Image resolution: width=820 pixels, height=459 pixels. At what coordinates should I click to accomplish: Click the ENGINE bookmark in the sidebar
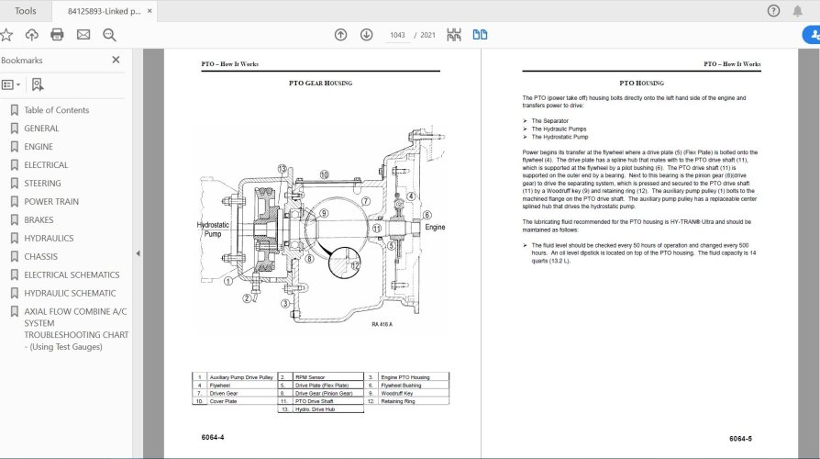(39, 147)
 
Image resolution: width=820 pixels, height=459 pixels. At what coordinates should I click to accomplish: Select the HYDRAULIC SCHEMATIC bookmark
(70, 293)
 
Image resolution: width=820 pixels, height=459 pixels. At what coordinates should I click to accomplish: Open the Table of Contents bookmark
(56, 110)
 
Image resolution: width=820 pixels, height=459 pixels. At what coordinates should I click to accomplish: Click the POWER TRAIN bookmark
(51, 201)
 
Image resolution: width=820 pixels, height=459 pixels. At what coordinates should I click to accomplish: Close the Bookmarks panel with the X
(116, 60)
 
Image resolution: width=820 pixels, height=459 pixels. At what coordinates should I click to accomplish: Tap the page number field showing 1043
(397, 35)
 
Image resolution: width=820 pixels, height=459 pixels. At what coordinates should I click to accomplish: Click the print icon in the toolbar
(57, 35)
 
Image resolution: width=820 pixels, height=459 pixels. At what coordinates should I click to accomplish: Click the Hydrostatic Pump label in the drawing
(214, 230)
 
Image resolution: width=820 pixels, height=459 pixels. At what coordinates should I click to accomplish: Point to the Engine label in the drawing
(435, 226)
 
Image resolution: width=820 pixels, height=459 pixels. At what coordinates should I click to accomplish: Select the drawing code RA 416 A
(382, 324)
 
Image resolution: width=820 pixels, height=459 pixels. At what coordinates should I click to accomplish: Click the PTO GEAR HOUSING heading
(320, 84)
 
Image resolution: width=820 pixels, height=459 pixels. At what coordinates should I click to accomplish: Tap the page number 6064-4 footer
(213, 437)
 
